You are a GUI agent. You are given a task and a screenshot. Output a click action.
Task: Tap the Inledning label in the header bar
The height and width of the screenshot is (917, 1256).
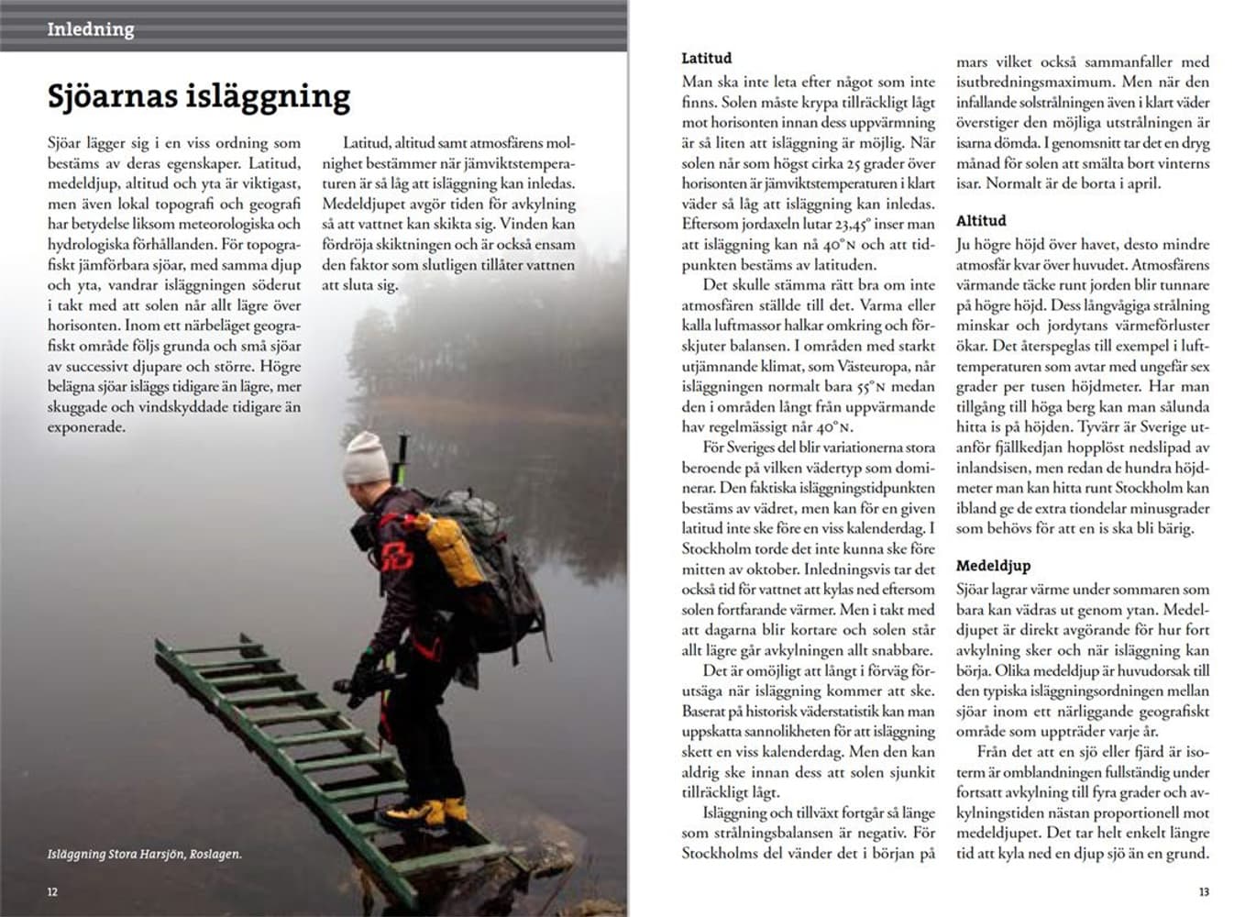pos(91,29)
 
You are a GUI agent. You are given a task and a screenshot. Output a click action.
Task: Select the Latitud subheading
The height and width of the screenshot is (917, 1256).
pos(706,58)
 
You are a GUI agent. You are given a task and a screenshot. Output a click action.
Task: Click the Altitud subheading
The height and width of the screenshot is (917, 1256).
pos(980,221)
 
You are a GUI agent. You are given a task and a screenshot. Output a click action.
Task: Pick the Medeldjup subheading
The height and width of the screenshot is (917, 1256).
pos(993,566)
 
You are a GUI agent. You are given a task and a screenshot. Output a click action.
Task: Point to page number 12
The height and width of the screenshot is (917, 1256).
pos(52,891)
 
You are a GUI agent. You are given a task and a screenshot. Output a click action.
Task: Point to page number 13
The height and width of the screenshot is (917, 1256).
pos(1204,891)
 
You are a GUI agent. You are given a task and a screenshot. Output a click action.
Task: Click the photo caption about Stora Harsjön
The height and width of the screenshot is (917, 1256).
pos(145,855)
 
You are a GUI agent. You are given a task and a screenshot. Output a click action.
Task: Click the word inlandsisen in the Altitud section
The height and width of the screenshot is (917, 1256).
pos(993,468)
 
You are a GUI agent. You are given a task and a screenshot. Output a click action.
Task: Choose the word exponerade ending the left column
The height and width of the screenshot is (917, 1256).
pos(87,427)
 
